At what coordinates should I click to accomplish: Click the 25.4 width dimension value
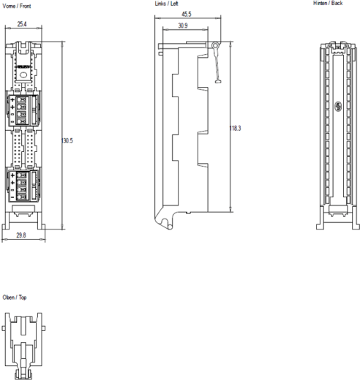(x=23, y=24)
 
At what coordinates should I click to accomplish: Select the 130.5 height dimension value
(x=67, y=140)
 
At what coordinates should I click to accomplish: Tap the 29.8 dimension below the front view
(x=23, y=235)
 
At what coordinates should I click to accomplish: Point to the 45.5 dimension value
(x=187, y=14)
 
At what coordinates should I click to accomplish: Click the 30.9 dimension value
(x=182, y=26)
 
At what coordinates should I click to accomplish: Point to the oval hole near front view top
(x=24, y=73)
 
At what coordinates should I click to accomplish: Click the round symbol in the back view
(x=339, y=107)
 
